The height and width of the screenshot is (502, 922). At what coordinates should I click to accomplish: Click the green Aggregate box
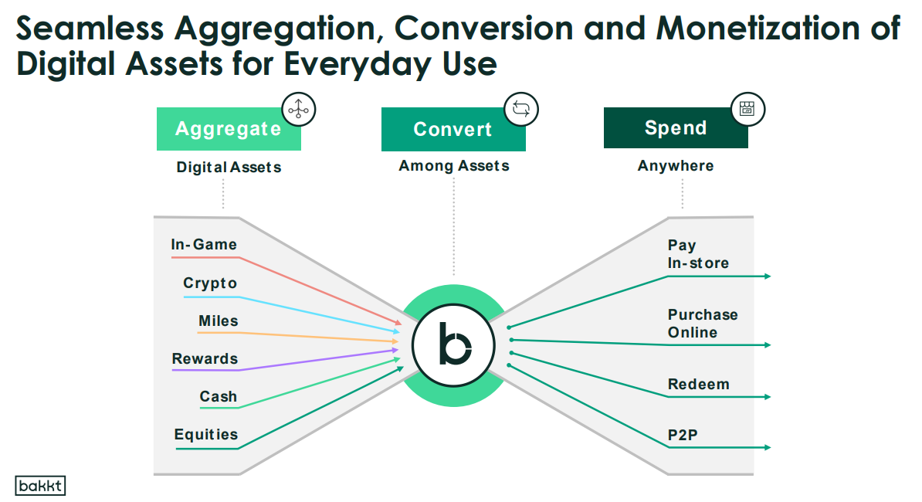pyautogui.click(x=229, y=129)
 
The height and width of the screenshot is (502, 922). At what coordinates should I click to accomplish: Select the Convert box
pyautogui.click(x=453, y=129)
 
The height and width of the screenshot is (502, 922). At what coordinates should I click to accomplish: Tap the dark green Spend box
pyautogui.click(x=676, y=127)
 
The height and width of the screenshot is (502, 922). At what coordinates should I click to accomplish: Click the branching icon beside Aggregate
pyautogui.click(x=299, y=110)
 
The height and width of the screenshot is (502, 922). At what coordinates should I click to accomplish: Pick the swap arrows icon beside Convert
pyautogui.click(x=521, y=109)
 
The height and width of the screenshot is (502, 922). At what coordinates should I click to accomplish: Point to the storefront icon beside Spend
pyautogui.click(x=747, y=109)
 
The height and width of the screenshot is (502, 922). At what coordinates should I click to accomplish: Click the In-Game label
pyautogui.click(x=204, y=245)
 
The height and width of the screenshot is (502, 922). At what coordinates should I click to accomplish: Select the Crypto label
pyautogui.click(x=210, y=283)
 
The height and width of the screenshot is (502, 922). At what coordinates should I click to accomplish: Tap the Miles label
pyautogui.click(x=219, y=321)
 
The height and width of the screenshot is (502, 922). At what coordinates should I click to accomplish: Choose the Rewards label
pyautogui.click(x=205, y=358)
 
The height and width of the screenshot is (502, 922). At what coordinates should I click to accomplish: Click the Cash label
pyautogui.click(x=219, y=397)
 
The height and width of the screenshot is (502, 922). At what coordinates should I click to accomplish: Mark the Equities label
pyautogui.click(x=206, y=434)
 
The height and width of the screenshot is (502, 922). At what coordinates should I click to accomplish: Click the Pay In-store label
pyautogui.click(x=698, y=254)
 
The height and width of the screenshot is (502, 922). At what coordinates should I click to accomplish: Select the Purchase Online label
pyautogui.click(x=703, y=324)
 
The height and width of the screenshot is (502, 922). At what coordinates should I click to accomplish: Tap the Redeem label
pyautogui.click(x=699, y=385)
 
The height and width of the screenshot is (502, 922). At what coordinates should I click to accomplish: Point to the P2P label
pyautogui.click(x=683, y=435)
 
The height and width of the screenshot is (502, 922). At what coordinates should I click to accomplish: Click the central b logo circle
pyautogui.click(x=453, y=345)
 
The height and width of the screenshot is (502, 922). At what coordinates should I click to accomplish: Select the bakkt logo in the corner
pyautogui.click(x=41, y=486)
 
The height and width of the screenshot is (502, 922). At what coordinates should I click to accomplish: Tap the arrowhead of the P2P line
pyautogui.click(x=768, y=447)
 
